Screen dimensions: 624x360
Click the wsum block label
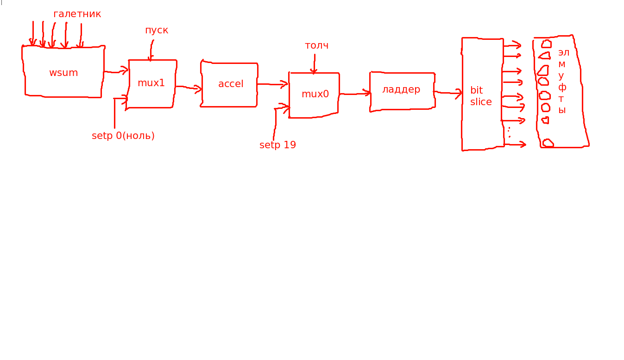pyautogui.click(x=63, y=73)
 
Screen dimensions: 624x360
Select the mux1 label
pyautogui.click(x=151, y=83)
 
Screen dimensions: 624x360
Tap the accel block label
pyautogui.click(x=231, y=83)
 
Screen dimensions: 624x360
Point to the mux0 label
pyautogui.click(x=315, y=94)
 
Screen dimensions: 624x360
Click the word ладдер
pyautogui.click(x=401, y=89)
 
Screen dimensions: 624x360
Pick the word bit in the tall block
pyautogui.click(x=476, y=90)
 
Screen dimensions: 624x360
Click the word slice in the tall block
pyautogui.click(x=481, y=102)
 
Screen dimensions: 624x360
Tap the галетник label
pyautogui.click(x=77, y=14)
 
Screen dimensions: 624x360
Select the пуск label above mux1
pyautogui.click(x=157, y=31)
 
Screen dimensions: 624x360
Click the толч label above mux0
pyautogui.click(x=317, y=45)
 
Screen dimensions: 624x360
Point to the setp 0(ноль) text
pyautogui.click(x=123, y=136)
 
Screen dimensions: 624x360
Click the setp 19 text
pyautogui.click(x=277, y=145)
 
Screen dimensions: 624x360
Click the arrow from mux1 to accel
pyautogui.click(x=189, y=88)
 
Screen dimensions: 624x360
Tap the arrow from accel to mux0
pyautogui.click(x=272, y=84)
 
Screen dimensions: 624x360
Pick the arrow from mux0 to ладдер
pyautogui.click(x=355, y=93)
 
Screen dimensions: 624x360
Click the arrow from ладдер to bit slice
pyautogui.click(x=448, y=93)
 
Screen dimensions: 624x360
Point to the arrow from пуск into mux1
pyautogui.click(x=151, y=51)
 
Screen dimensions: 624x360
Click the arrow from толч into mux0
pyautogui.click(x=314, y=64)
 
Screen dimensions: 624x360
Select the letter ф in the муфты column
pyautogui.click(x=562, y=88)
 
